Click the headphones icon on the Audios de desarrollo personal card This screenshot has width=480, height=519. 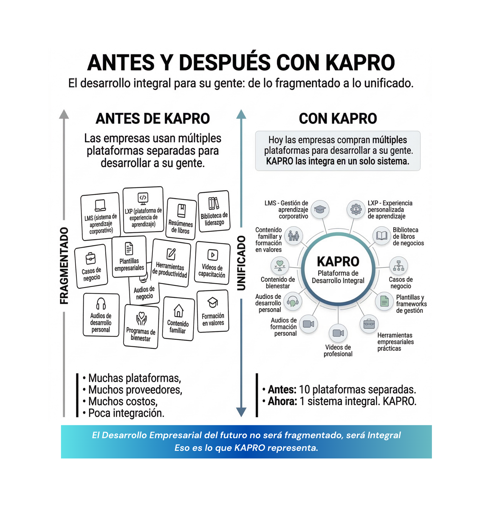101,303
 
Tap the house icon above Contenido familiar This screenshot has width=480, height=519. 178,310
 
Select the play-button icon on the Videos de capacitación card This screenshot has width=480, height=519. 213,255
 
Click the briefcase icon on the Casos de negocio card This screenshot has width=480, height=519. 91,258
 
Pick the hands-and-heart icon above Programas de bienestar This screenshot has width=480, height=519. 142,319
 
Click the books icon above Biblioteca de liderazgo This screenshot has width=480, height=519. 213,203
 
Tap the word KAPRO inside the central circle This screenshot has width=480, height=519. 338,262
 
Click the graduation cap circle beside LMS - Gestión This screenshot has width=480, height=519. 320,209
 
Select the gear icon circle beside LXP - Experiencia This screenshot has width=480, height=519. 356,209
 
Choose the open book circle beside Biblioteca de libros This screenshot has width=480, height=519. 382,236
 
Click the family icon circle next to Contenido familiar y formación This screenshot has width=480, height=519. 293,236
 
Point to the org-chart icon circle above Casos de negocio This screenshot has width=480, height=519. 398,266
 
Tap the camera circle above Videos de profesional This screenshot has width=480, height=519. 338,333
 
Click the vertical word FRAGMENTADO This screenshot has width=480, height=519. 64,266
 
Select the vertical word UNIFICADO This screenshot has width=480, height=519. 241,263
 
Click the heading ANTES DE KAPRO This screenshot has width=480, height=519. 153,119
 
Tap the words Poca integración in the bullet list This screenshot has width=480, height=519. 126,413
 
